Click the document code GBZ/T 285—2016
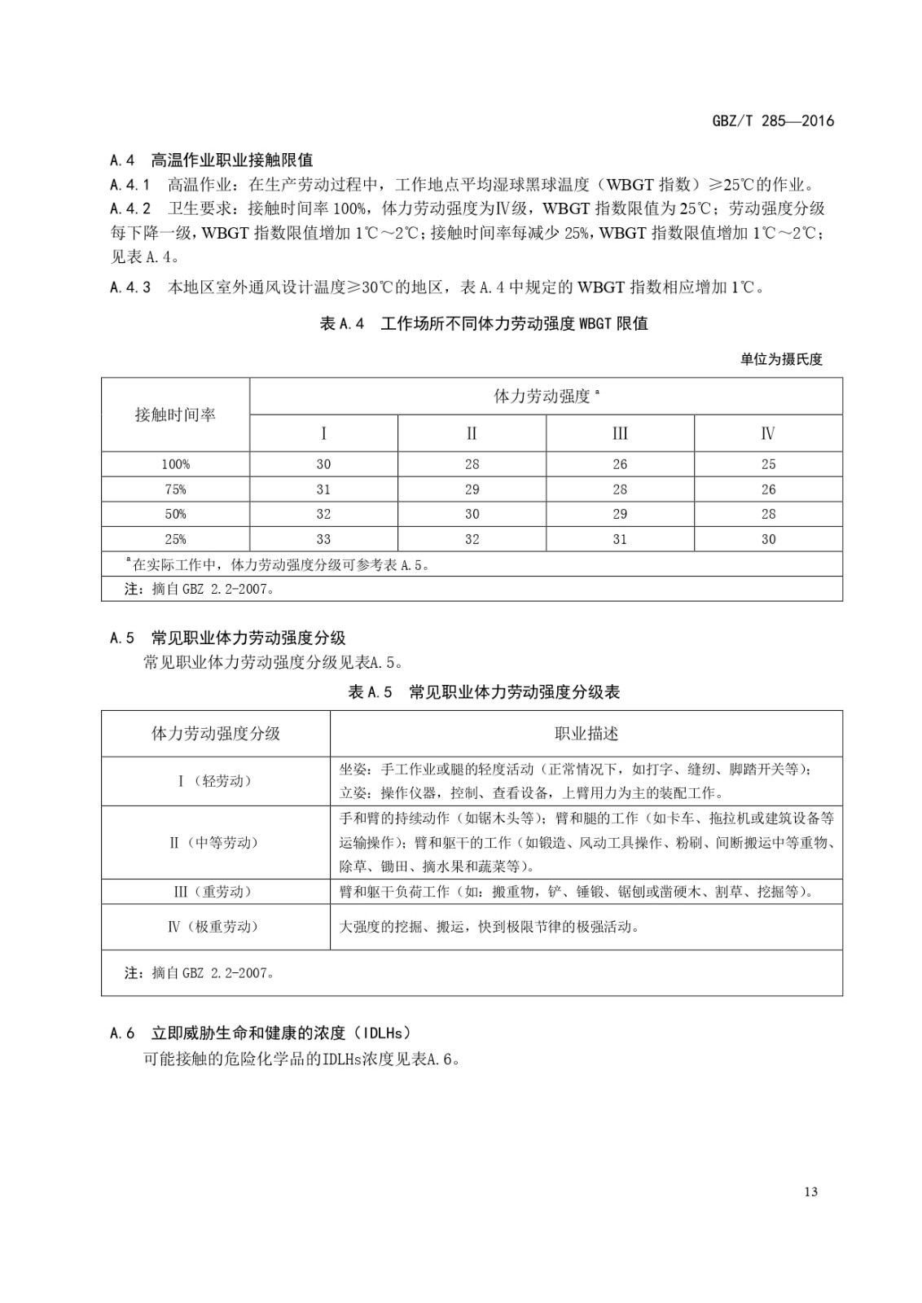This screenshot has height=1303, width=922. pos(773,121)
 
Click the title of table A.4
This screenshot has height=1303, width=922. pos(484,324)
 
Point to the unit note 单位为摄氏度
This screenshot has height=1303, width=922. pos(781,359)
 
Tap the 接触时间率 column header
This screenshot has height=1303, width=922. pos(175,415)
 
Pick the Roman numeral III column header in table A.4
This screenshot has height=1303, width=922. pos(620,433)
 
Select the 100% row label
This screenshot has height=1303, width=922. pos(175,464)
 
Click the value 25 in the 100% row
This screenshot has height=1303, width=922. pos(768,464)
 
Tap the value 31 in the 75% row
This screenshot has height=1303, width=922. pos(323,489)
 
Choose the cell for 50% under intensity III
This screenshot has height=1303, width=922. pos(620,514)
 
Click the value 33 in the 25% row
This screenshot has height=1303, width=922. pos(323,539)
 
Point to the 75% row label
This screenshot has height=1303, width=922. pos(175,489)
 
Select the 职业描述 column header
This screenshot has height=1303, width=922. pos(586,734)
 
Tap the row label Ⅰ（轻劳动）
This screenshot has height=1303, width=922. pos(215,781)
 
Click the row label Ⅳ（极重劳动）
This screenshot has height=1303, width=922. pos(215,926)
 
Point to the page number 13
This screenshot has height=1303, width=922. pos(810,1192)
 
